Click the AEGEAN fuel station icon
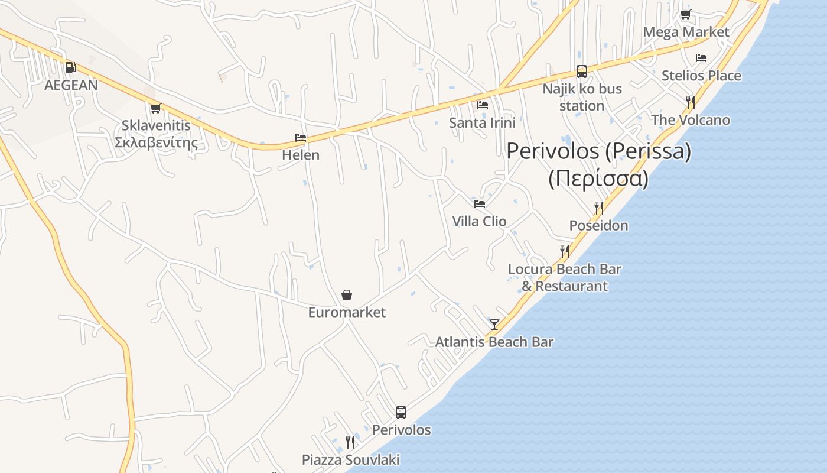pyautogui.click(x=70, y=67)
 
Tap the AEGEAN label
pyautogui.click(x=71, y=85)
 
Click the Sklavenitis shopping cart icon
pyautogui.click(x=155, y=108)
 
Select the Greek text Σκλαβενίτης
pyautogui.click(x=156, y=142)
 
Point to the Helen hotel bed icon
pyautogui.click(x=301, y=138)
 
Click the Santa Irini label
pyautogui.click(x=482, y=122)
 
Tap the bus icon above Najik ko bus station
pyautogui.click(x=582, y=72)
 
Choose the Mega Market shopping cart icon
pyautogui.click(x=685, y=15)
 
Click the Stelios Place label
pyautogui.click(x=701, y=76)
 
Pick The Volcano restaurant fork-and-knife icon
pyautogui.click(x=690, y=102)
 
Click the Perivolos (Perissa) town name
pyautogui.click(x=598, y=151)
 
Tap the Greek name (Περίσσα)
pyautogui.click(x=598, y=178)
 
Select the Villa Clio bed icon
pyautogui.click(x=480, y=203)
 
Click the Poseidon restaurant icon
pyautogui.click(x=599, y=208)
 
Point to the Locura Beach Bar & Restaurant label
pyautogui.click(x=565, y=277)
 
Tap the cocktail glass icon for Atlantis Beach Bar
pyautogui.click(x=494, y=324)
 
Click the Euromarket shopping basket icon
pyautogui.click(x=347, y=294)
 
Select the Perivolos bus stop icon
pyautogui.click(x=401, y=412)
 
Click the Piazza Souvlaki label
pyautogui.click(x=350, y=459)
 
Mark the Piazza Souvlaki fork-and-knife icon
pyautogui.click(x=350, y=442)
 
